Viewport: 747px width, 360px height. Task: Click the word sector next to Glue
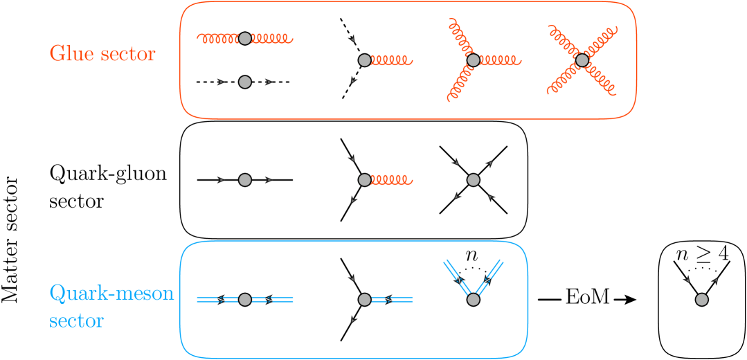click(129, 55)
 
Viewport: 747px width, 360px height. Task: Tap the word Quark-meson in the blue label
click(111, 294)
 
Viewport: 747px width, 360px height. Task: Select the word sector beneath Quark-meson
click(76, 321)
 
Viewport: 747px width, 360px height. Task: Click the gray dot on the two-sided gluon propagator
click(244, 38)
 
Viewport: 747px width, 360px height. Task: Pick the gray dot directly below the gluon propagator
click(244, 82)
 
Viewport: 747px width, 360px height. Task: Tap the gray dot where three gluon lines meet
click(473, 60)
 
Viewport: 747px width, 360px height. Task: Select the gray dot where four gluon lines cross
click(582, 60)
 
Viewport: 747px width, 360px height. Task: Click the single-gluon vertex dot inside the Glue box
click(364, 60)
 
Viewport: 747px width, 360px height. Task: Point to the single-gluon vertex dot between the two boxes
click(364, 180)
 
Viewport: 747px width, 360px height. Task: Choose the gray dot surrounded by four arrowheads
click(473, 180)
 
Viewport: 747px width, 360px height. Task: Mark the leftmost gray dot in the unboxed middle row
click(244, 180)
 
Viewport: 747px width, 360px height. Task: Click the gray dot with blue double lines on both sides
click(244, 299)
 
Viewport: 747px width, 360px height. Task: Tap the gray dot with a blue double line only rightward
click(364, 299)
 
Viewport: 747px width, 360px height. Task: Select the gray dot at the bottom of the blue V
click(473, 299)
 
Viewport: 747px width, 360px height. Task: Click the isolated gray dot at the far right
click(701, 299)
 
